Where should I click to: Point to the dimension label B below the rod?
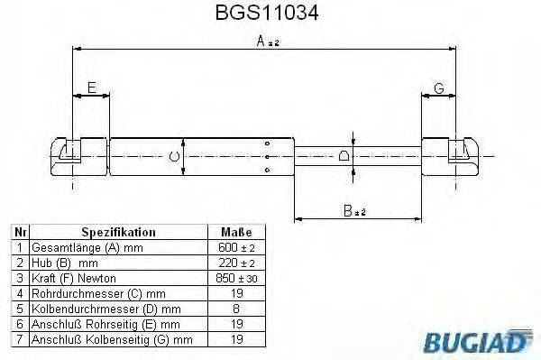coord(351,211)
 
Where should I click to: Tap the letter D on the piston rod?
coord(344,156)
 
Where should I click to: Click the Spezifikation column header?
coord(119,232)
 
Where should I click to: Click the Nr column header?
coord(20,232)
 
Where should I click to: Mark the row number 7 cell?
coord(20,339)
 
